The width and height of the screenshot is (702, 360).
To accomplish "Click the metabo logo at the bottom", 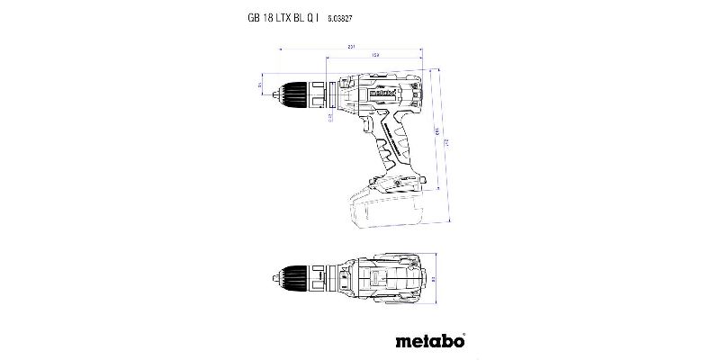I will pyautogui.click(x=430, y=341).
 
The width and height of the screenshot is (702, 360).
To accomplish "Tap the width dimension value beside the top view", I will pyautogui.click(x=435, y=279).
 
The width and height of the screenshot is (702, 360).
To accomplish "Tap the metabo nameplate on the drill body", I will pyautogui.click(x=380, y=91).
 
